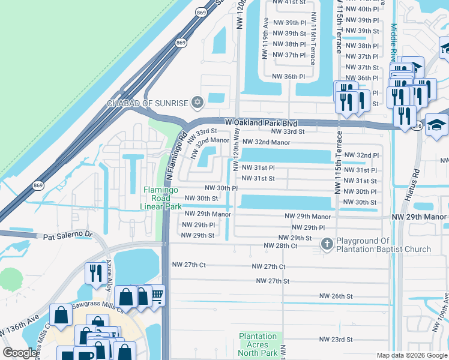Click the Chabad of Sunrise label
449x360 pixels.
[148, 103]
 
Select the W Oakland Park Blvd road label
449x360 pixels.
[261, 122]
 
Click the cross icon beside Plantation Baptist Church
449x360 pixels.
[327, 244]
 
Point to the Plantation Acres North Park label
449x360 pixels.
[258, 345]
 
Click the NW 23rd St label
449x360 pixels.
[336, 340]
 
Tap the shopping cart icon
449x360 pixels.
[157, 295]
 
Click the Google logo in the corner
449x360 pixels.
[20, 353]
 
